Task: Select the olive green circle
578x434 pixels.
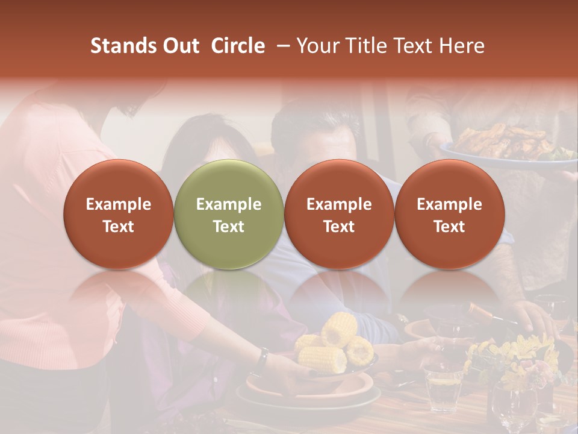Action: (x=228, y=214)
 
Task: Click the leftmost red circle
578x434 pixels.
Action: (x=118, y=214)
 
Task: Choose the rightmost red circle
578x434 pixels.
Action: (x=449, y=214)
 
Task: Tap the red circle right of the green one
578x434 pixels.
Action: (x=339, y=214)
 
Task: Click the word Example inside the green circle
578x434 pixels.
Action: (x=228, y=204)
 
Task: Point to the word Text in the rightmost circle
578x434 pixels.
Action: (x=449, y=227)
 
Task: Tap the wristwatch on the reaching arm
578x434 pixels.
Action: (x=262, y=360)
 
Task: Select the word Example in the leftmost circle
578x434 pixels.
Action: (x=118, y=204)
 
